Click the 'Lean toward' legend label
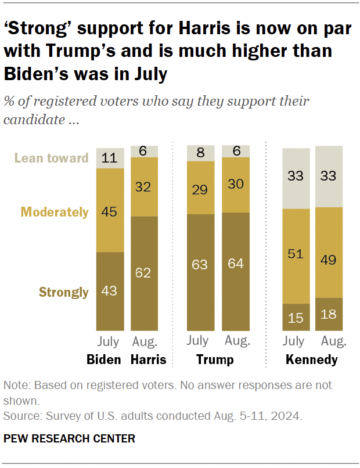pyautogui.click(x=51, y=158)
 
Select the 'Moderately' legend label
pyautogui.click(x=55, y=212)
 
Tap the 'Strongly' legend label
pyautogui.click(x=63, y=292)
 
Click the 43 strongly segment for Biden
pyautogui.click(x=110, y=291)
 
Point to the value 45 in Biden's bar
pyautogui.click(x=110, y=211)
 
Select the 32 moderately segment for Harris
pyautogui.click(x=145, y=187)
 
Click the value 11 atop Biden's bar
pyautogui.click(x=110, y=158)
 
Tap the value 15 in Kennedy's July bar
pyautogui.click(x=296, y=318)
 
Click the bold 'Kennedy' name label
pyautogui.click(x=312, y=360)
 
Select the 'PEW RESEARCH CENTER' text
pyautogui.click(x=69, y=438)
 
